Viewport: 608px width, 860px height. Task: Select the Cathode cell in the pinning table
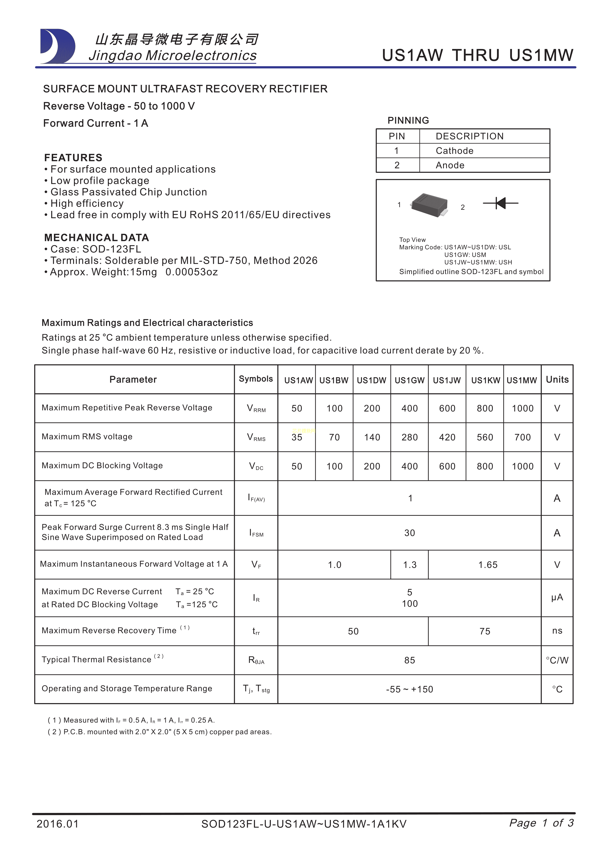[x=455, y=151]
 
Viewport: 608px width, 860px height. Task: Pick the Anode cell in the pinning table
[x=450, y=165]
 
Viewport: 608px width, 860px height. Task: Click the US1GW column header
[x=409, y=380]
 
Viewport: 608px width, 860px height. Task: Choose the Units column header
[x=557, y=379]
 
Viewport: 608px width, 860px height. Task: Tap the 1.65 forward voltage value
[x=488, y=565]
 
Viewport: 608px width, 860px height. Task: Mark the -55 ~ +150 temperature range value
[x=409, y=689]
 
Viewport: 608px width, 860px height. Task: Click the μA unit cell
[x=557, y=597]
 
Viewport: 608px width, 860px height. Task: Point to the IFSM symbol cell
[x=256, y=533]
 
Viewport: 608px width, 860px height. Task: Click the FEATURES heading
[x=73, y=157]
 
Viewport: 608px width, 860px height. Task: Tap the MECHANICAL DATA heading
[x=97, y=238]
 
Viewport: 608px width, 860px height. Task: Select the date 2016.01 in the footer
[x=58, y=824]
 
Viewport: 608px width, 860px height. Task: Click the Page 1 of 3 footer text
[x=541, y=823]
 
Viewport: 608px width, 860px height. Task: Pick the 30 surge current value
[x=409, y=533]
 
